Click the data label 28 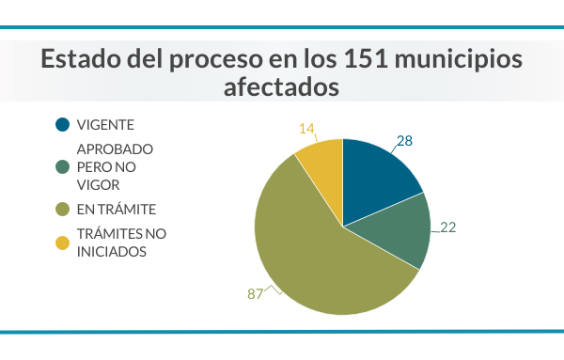tap(405, 141)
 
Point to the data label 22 tap(447, 227)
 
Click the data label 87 tap(255, 293)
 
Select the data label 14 tap(306, 128)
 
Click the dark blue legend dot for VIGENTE tap(63, 125)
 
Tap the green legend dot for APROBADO tap(63, 167)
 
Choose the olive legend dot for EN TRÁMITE tap(63, 209)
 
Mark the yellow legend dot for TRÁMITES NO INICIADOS tap(63, 243)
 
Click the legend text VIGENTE tap(106, 125)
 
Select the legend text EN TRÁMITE tap(117, 209)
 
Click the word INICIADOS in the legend tap(113, 252)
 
